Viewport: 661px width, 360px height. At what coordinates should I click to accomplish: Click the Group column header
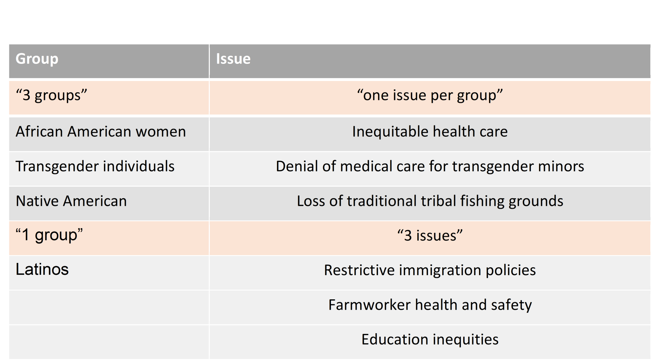[37, 59]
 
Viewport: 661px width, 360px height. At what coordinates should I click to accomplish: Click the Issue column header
[233, 59]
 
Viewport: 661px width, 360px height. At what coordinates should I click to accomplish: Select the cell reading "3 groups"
[52, 95]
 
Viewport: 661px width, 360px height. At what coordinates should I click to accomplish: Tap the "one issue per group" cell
[430, 95]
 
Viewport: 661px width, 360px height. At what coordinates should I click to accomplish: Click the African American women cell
[101, 132]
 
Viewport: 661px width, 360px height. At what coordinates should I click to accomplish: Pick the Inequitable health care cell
[430, 132]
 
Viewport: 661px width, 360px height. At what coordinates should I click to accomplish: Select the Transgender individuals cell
[95, 166]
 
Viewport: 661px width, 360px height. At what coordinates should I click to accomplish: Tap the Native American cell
[71, 201]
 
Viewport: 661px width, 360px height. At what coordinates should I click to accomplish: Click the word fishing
[482, 201]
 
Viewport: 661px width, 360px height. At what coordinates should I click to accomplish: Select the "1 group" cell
[49, 235]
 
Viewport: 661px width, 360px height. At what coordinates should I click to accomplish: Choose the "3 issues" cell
[430, 235]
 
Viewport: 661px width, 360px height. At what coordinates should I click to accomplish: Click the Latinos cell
[42, 269]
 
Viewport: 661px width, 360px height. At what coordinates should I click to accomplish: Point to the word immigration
[440, 270]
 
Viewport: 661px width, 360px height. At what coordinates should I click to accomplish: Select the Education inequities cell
[430, 339]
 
